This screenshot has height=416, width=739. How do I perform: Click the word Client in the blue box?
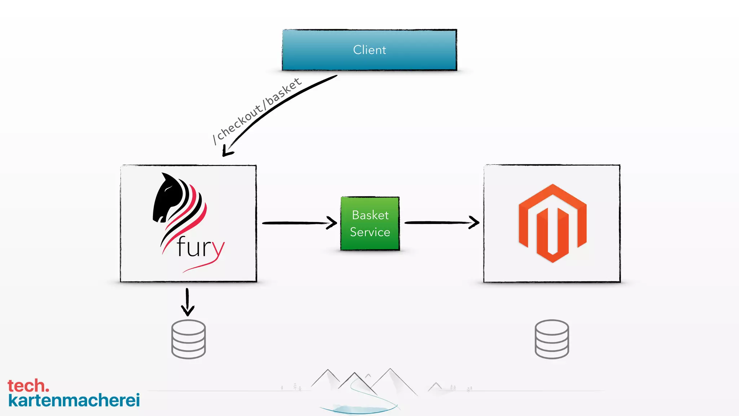[x=369, y=50]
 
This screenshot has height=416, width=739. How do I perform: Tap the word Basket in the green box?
[x=370, y=215]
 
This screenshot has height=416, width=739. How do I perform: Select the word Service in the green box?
[x=370, y=232]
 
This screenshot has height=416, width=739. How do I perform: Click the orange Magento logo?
[x=552, y=223]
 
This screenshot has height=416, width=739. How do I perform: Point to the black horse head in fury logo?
[x=168, y=199]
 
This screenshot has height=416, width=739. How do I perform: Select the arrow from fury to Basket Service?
[x=296, y=223]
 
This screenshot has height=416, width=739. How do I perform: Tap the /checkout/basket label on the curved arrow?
[x=257, y=112]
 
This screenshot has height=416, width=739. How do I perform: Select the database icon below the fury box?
[x=188, y=339]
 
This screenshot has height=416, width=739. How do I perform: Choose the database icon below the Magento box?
[x=552, y=339]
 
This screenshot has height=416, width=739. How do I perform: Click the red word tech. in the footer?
[x=28, y=386]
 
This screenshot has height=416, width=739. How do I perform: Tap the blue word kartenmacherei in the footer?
[x=74, y=400]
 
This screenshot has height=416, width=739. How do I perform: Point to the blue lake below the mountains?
[x=359, y=409]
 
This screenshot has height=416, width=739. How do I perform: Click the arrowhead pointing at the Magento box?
[x=474, y=222]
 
